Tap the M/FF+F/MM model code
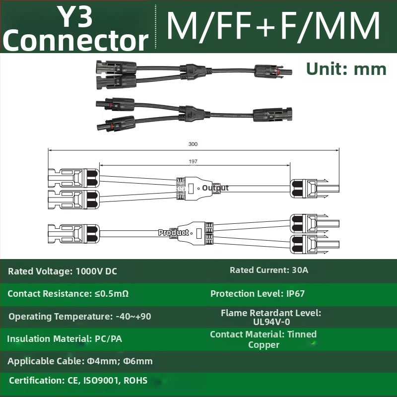point(273,26)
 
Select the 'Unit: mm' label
point(346,69)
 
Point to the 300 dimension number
point(193,144)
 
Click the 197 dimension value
point(193,161)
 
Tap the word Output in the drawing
point(215,188)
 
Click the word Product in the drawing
point(173,232)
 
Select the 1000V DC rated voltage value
point(96,271)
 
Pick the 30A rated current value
point(300,270)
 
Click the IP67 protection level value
point(295,294)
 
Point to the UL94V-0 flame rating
point(271,322)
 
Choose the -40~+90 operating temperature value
point(133,317)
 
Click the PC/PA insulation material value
point(108,339)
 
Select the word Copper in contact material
point(264,345)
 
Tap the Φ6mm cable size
point(138,361)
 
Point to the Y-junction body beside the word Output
point(195,189)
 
